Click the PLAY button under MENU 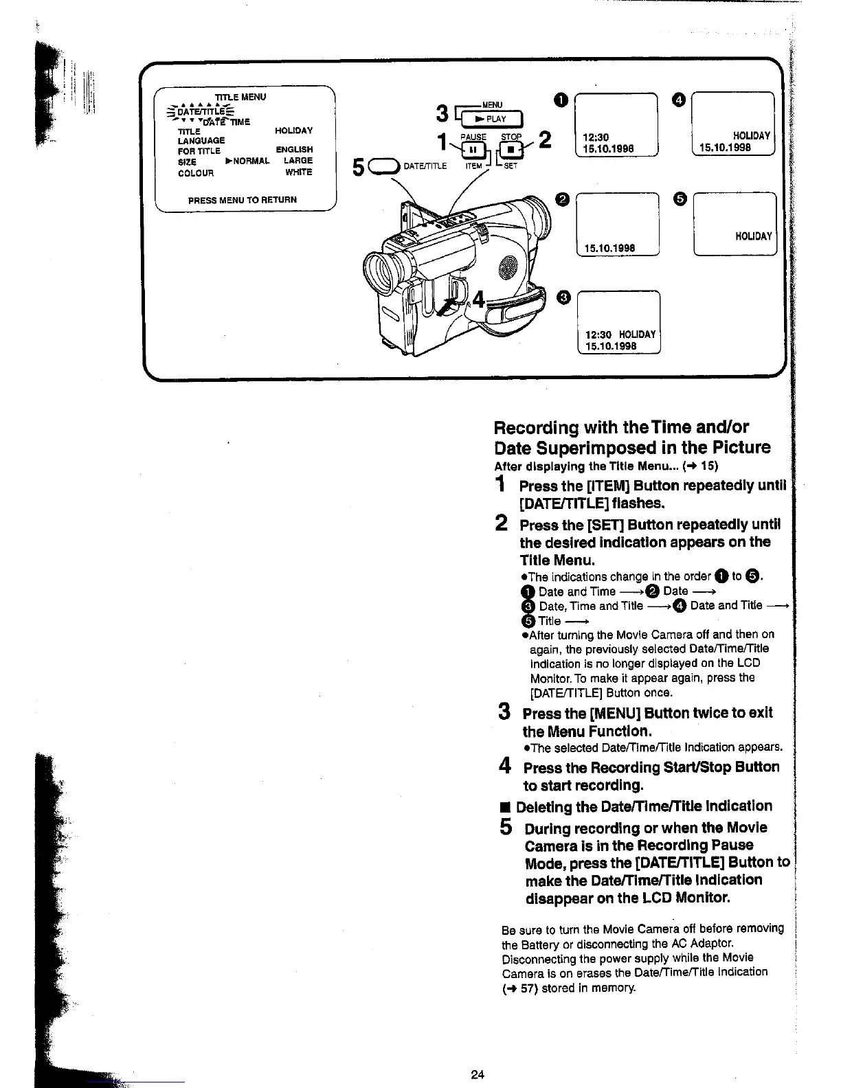coord(493,119)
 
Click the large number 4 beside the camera coord(478,299)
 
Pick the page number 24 coord(478,1075)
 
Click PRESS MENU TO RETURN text coord(243,200)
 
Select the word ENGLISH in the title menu coord(294,150)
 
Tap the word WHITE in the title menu coord(299,172)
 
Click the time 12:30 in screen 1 coord(596,137)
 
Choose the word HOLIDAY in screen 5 coord(754,236)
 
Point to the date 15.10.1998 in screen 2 coord(609,248)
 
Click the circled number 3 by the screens coord(563,297)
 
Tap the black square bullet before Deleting coord(506,806)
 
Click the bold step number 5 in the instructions coord(506,827)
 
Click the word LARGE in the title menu coord(298,161)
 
